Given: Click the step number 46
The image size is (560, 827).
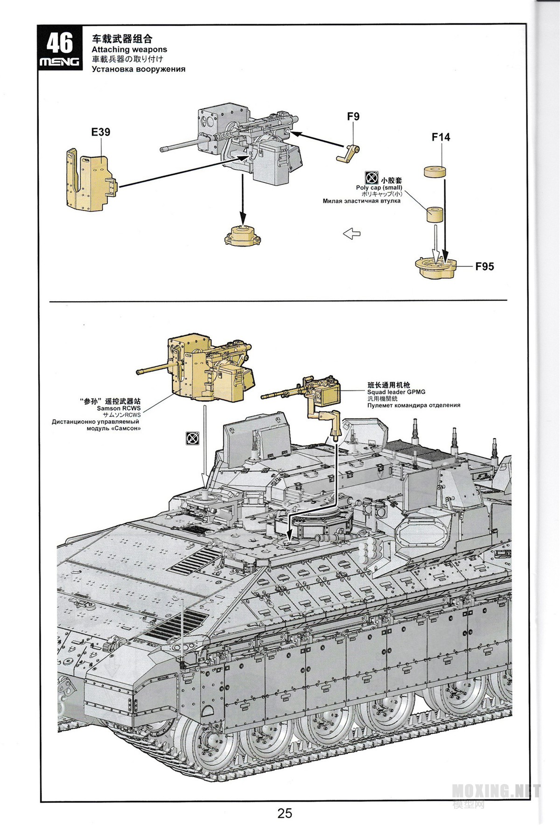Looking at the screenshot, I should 59,43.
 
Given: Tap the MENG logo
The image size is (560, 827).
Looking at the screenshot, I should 59,62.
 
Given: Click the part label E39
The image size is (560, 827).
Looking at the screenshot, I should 100,132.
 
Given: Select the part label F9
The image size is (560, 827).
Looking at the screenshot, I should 353,116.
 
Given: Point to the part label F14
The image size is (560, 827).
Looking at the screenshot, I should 441,137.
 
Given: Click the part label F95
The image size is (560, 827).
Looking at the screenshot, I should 484,267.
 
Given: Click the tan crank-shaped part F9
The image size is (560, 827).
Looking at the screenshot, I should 348,155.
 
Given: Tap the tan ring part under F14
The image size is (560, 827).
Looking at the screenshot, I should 436,171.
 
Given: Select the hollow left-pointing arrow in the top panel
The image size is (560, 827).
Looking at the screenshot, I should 352,233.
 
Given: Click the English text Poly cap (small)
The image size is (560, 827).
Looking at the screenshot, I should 379,188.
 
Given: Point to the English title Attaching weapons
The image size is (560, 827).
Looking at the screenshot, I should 129,49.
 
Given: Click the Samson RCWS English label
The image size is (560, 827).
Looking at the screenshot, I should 119,408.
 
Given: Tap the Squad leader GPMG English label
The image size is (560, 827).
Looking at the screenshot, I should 396,392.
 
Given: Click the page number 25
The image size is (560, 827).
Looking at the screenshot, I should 285,813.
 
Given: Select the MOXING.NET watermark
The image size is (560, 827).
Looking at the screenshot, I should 496,791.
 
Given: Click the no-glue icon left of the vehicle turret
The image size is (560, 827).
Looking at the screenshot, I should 193,438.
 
